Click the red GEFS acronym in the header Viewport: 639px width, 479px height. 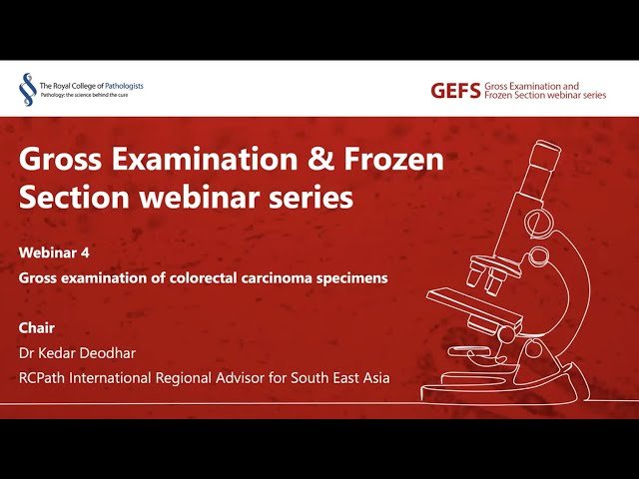coord(454,91)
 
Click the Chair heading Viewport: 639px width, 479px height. coord(36,327)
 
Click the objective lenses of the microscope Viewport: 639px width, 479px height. coord(480,278)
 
